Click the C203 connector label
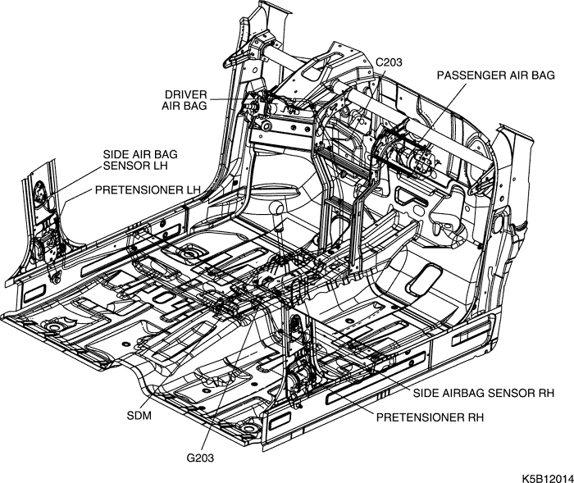click(x=389, y=62)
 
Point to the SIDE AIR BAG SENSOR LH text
click(x=140, y=159)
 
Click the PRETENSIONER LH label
click(x=148, y=189)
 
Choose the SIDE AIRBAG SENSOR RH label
click(x=483, y=394)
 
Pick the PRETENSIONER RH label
click(x=430, y=417)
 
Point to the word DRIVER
click(x=184, y=93)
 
